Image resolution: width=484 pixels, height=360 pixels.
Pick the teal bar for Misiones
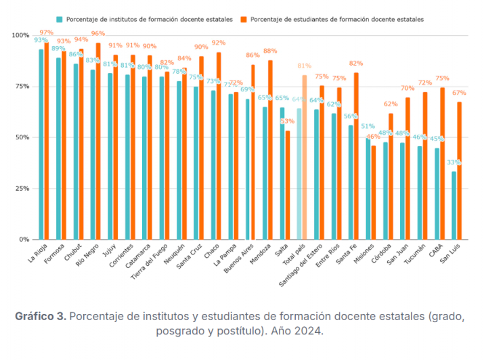tap(368, 189)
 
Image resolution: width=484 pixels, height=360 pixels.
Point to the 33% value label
tap(454, 162)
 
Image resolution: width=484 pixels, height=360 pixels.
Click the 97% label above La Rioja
tap(47, 32)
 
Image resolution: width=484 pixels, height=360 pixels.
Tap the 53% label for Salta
tap(288, 122)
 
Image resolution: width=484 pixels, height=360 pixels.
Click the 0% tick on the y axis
tap(24, 240)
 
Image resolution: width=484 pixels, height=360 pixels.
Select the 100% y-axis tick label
tap(20, 35)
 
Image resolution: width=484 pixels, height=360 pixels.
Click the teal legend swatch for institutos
tap(61, 20)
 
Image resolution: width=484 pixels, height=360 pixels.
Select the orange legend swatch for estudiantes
tap(244, 20)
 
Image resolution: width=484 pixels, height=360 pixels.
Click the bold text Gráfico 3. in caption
tap(40, 316)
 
